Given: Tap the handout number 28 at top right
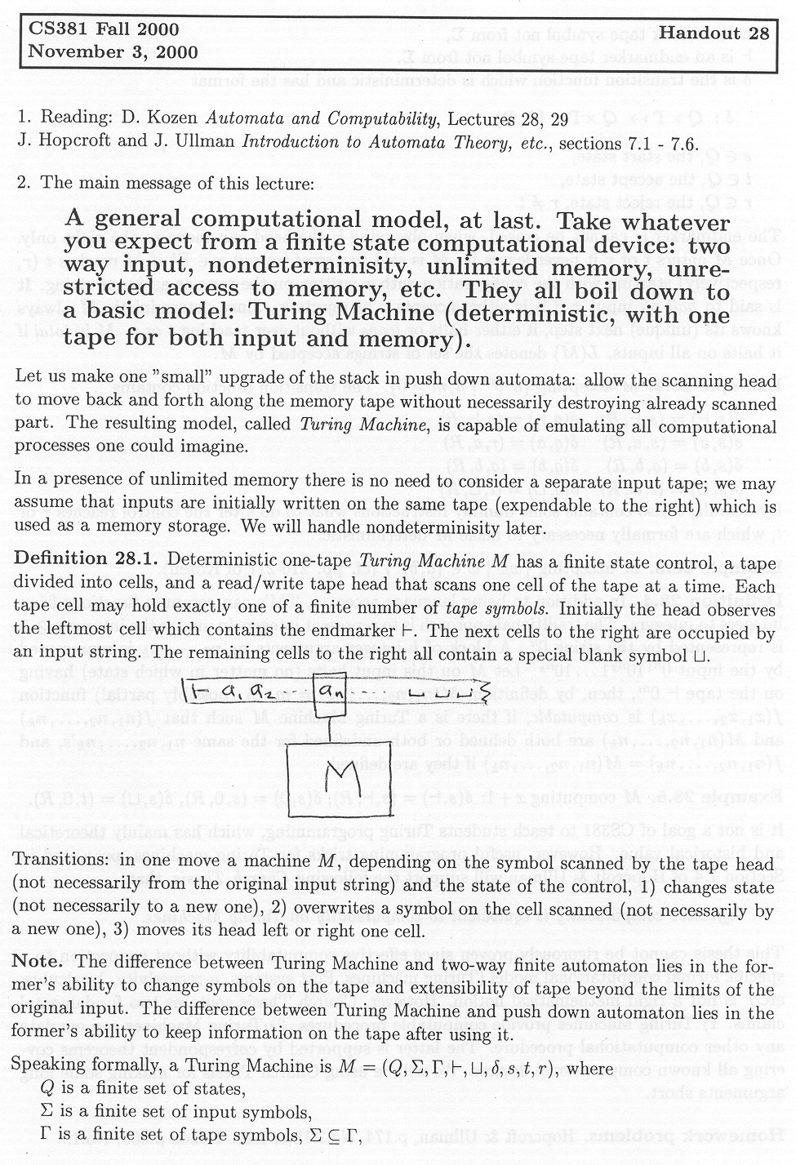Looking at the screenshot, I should [x=757, y=33].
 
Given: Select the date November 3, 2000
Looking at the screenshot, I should [x=113, y=52].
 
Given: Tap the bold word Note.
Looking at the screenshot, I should [x=38, y=962].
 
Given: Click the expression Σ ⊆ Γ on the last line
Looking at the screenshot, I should [x=338, y=1135].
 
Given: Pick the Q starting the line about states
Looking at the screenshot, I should [x=47, y=1089].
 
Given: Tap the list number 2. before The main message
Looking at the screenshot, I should [x=23, y=183].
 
